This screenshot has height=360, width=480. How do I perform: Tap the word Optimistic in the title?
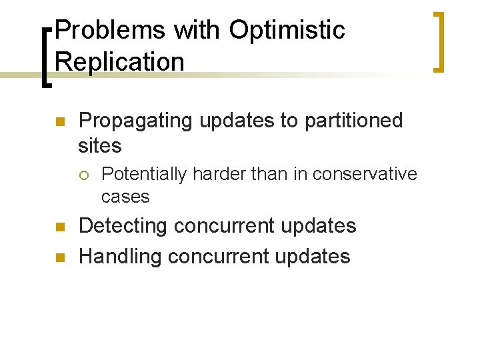pyautogui.click(x=287, y=30)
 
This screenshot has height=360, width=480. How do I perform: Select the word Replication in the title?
pyautogui.click(x=120, y=62)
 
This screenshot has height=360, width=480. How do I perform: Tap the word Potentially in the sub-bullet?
pyautogui.click(x=144, y=175)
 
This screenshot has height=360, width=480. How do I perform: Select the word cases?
pyautogui.click(x=125, y=197)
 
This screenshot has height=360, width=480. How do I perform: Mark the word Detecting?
pyautogui.click(x=123, y=226)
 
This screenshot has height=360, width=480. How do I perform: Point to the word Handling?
pyautogui.click(x=121, y=256)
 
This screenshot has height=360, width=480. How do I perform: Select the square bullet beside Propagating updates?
pyautogui.click(x=58, y=122)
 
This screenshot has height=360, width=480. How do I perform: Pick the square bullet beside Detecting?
pyautogui.click(x=58, y=227)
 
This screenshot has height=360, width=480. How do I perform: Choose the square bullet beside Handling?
pyautogui.click(x=58, y=257)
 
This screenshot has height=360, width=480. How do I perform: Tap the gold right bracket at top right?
pyautogui.click(x=438, y=41)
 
